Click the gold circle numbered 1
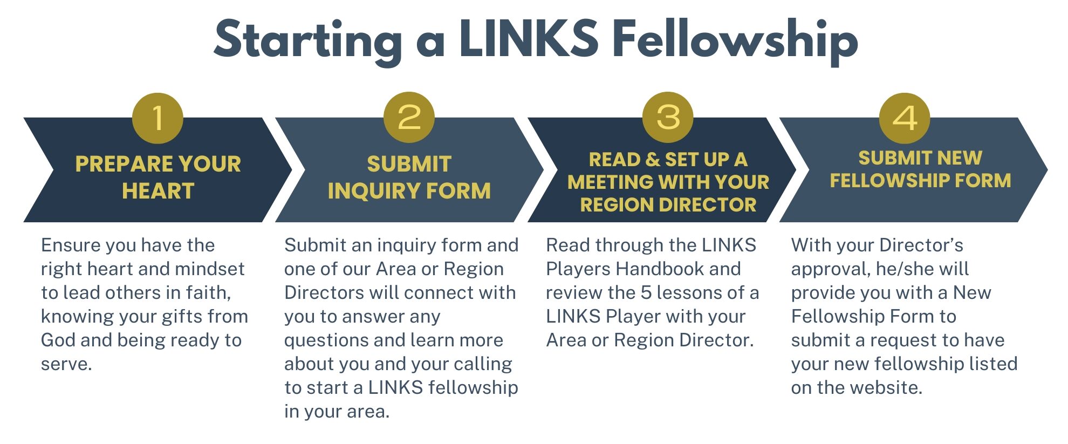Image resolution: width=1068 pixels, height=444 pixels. point(158,118)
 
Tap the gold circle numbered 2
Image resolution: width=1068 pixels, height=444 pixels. point(409,117)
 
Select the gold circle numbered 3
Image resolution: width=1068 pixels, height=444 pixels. point(668,117)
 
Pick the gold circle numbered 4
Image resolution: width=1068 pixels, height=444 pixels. point(905,118)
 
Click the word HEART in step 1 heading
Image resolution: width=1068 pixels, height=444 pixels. point(158,191)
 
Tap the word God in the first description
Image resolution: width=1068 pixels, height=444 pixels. point(57,340)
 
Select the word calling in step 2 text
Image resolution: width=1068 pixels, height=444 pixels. point(483,364)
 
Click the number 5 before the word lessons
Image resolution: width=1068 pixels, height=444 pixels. point(646,292)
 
